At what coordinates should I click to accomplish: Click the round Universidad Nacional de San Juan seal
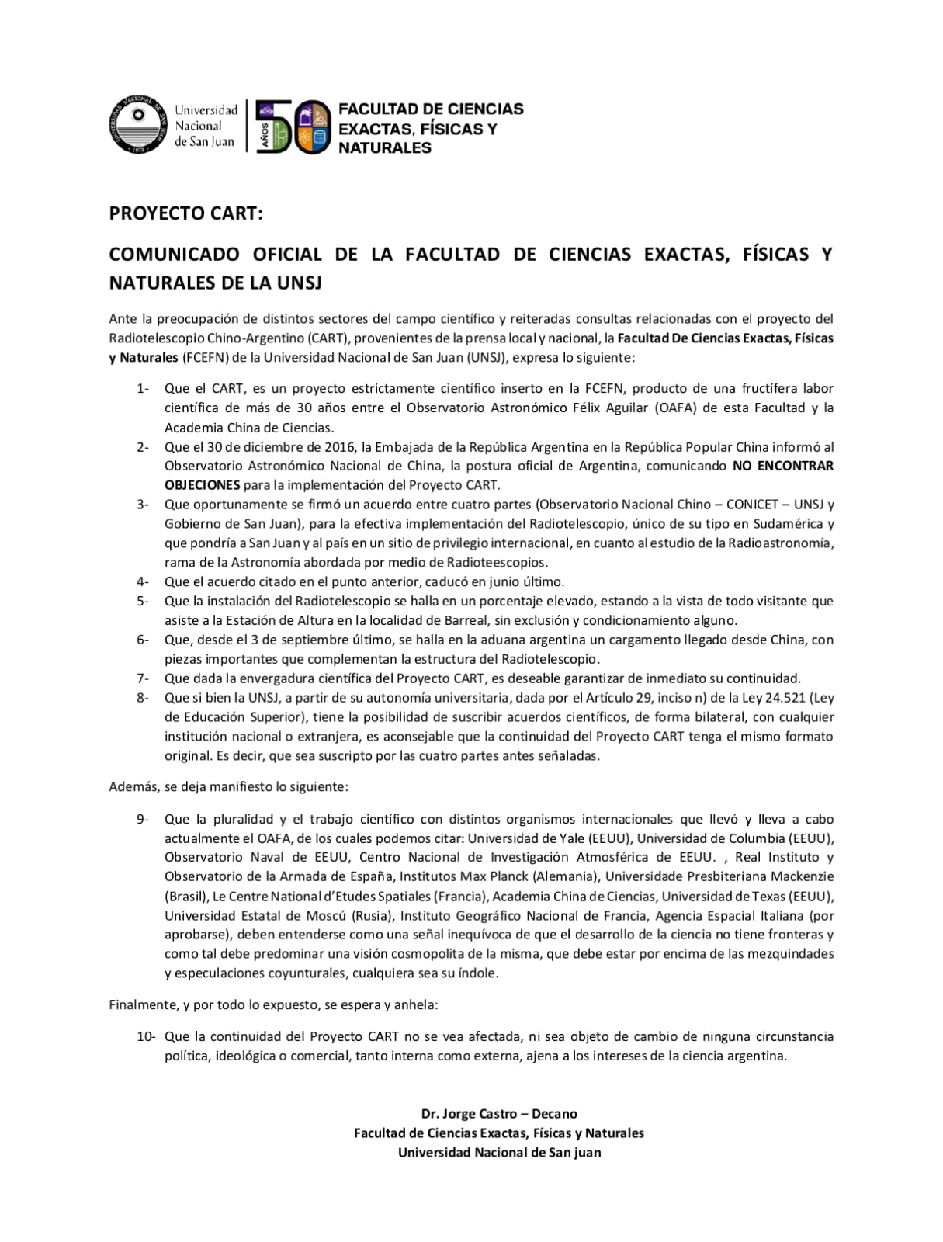click(137, 123)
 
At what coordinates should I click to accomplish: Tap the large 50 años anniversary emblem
click(293, 127)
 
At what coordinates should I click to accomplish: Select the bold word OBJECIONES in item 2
click(202, 485)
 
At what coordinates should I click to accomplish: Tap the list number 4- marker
click(143, 581)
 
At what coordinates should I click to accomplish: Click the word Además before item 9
click(133, 787)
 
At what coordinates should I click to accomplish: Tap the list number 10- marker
click(146, 1036)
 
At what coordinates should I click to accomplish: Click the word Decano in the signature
click(554, 1114)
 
